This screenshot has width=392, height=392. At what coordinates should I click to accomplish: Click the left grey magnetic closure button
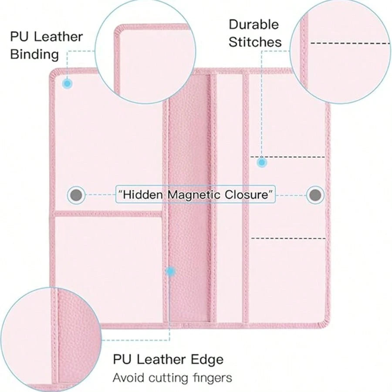pyautogui.click(x=76, y=195)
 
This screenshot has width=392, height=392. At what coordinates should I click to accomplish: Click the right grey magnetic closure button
pyautogui.click(x=315, y=195)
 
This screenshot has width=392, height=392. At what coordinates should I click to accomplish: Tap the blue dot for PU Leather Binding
pyautogui.click(x=67, y=84)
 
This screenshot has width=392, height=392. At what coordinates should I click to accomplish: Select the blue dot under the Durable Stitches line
pyautogui.click(x=262, y=163)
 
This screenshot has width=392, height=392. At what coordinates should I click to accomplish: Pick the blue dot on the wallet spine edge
pyautogui.click(x=170, y=271)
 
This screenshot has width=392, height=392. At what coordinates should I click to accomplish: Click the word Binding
pyautogui.click(x=34, y=54)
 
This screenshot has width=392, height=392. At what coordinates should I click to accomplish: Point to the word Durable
pyautogui.click(x=254, y=25)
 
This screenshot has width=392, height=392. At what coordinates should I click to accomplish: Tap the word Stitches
pyautogui.click(x=255, y=42)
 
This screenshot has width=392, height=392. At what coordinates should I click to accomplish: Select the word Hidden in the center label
pyautogui.click(x=142, y=195)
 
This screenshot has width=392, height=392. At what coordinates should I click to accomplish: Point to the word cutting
pyautogui.click(x=168, y=378)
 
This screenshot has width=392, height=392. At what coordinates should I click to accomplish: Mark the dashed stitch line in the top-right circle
pyautogui.click(x=350, y=44)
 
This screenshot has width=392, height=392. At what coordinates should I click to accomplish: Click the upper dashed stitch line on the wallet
pyautogui.click(x=288, y=157)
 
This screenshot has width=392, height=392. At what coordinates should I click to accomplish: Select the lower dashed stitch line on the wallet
pyautogui.click(x=288, y=239)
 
